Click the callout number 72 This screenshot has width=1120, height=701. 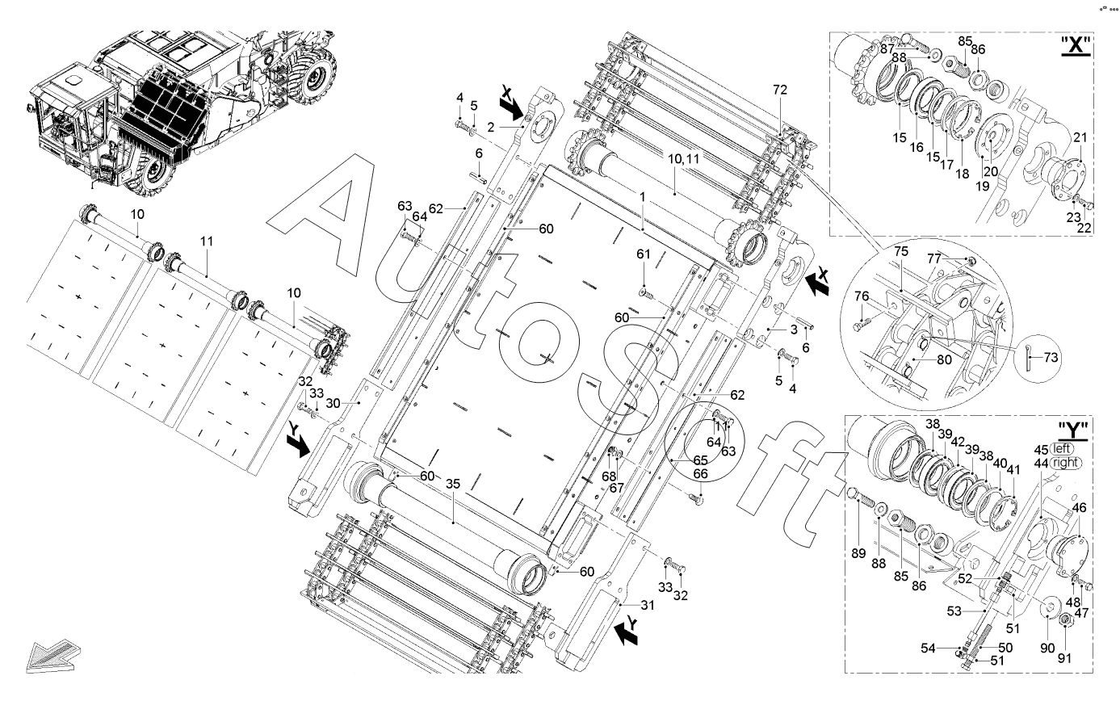coord(779,90)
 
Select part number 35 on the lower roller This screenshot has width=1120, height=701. coord(452,484)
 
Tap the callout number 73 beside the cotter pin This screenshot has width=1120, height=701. coord(1051,358)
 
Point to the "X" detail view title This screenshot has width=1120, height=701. coord(1076,45)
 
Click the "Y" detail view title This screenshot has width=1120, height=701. coord(1073,430)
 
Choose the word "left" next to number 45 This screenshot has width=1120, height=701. coord(1061,448)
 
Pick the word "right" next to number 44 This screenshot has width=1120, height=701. coord(1065,463)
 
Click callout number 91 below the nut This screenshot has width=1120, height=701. coord(1064,658)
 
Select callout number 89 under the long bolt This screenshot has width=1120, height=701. coord(858,553)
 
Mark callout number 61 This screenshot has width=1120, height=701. coord(643,254)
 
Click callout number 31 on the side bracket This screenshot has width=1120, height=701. coord(648,605)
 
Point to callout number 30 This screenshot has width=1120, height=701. coord(333,402)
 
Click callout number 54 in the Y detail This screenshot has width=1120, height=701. coord(928,648)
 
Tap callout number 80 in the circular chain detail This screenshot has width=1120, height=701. coord(944,359)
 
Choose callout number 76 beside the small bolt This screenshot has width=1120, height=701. coord(862,296)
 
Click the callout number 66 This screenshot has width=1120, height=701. coord(700,473)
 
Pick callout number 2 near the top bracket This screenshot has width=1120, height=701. coord(490,128)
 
